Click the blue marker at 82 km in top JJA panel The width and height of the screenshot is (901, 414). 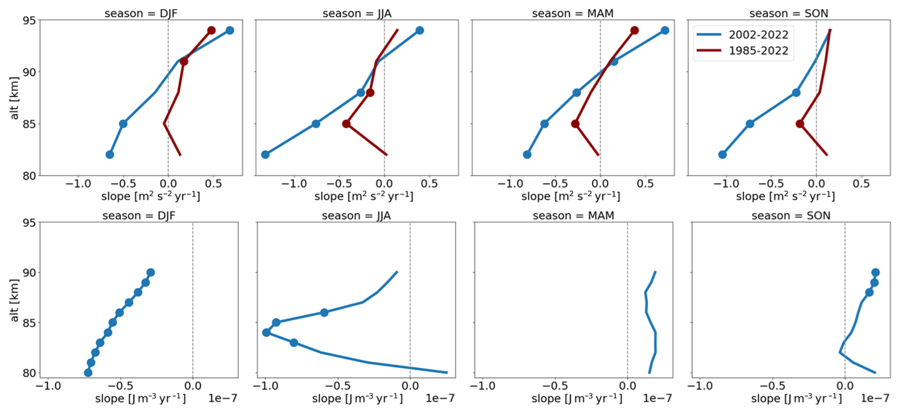[x=265, y=155]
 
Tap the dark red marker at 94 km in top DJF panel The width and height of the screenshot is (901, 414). [x=211, y=30]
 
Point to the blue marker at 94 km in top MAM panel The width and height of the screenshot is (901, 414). [x=665, y=30]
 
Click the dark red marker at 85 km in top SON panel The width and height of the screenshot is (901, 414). [x=800, y=124]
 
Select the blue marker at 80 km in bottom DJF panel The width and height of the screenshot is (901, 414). [x=88, y=373]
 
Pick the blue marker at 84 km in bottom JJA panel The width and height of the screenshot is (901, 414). [x=267, y=333]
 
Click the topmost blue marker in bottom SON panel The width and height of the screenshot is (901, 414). [x=875, y=273]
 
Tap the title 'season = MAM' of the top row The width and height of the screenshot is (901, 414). [x=572, y=13]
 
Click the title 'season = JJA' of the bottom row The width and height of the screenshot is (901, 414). [x=356, y=216]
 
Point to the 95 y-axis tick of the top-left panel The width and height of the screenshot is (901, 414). [x=29, y=20]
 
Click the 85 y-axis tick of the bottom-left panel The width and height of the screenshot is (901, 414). [x=29, y=323]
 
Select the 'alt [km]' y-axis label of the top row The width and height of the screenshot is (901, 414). [x=14, y=98]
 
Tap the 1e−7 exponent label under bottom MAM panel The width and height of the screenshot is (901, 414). [x=657, y=398]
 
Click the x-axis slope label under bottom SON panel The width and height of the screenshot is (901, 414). [x=796, y=398]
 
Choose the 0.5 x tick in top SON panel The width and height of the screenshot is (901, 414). [x=861, y=184]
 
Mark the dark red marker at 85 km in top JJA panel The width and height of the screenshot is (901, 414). [x=346, y=124]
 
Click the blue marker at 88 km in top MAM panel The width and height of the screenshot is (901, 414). [x=577, y=93]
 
